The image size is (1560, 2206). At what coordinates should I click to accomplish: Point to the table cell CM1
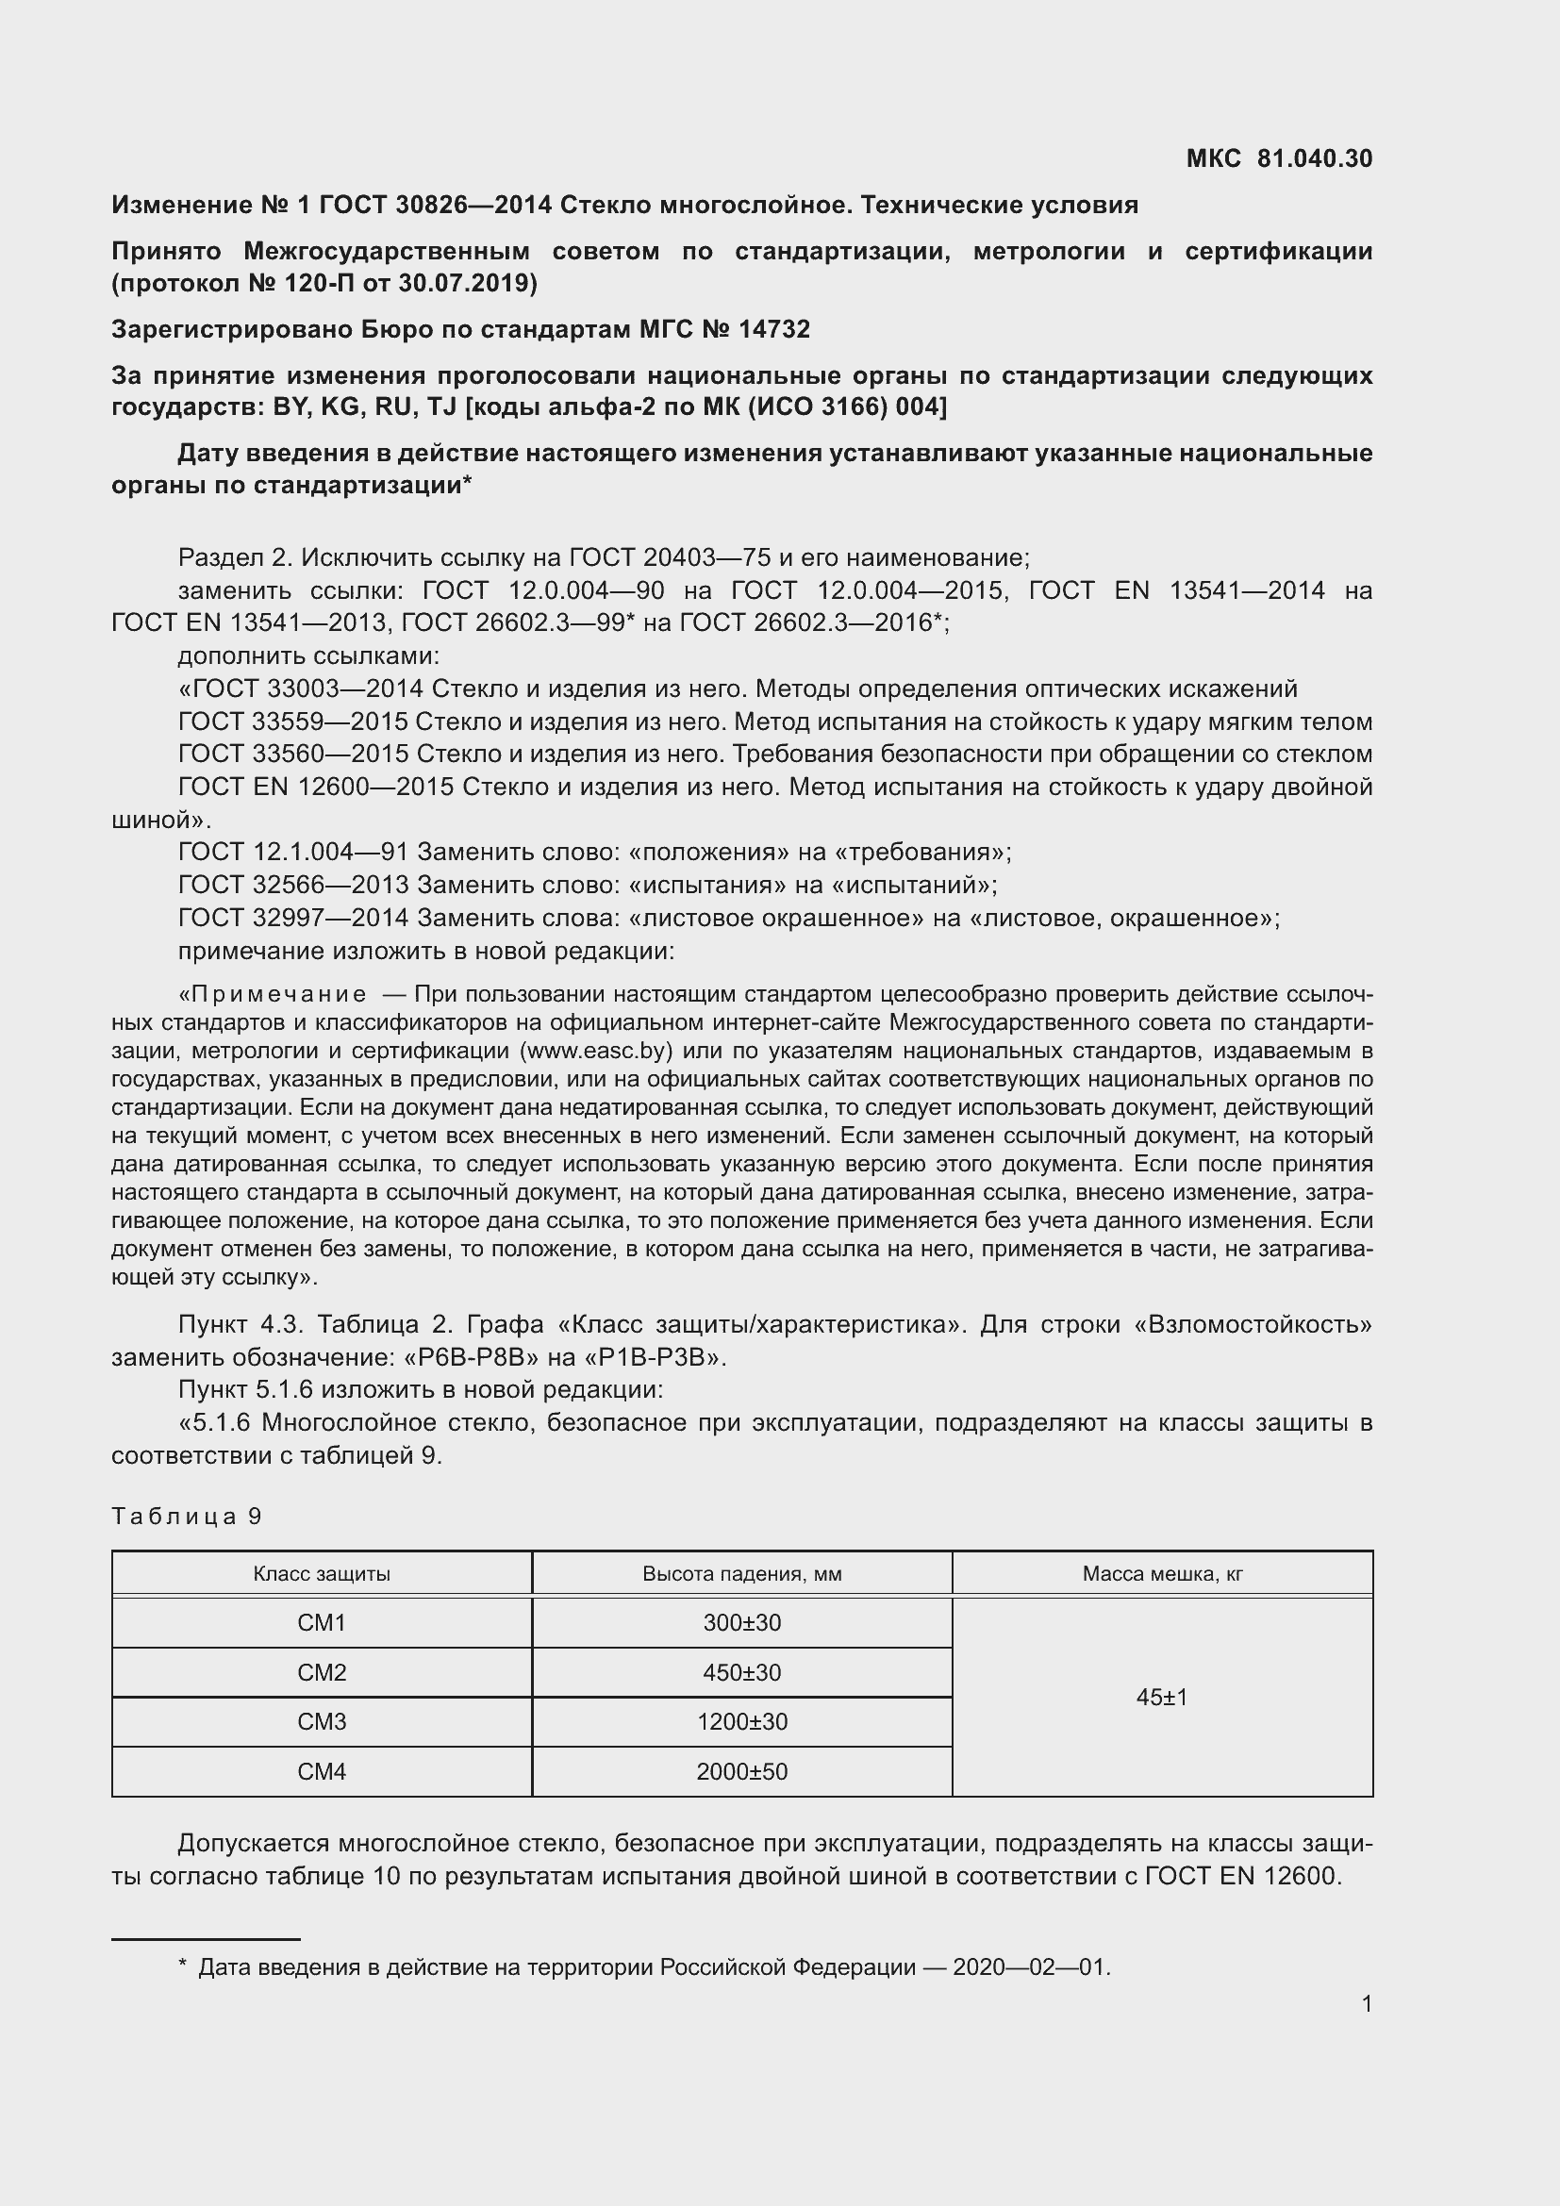(x=321, y=1623)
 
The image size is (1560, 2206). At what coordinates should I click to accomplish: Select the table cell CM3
(x=321, y=1722)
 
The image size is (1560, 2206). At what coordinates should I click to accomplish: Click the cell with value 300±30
(x=741, y=1623)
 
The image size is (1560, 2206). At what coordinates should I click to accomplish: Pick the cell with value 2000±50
(x=741, y=1772)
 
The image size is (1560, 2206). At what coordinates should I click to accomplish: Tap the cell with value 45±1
(x=1161, y=1698)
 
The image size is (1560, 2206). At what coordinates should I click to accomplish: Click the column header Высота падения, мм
(x=741, y=1574)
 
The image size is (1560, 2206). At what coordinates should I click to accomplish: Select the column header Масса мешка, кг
(x=1161, y=1574)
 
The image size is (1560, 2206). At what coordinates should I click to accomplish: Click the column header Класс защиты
(x=321, y=1574)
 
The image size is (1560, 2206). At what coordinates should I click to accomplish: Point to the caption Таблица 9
(x=187, y=1517)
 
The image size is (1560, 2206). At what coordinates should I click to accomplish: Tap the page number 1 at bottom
(x=1366, y=2004)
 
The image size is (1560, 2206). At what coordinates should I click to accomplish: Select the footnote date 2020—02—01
(x=1030, y=1967)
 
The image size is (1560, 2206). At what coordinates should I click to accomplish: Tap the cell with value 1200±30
(x=741, y=1722)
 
